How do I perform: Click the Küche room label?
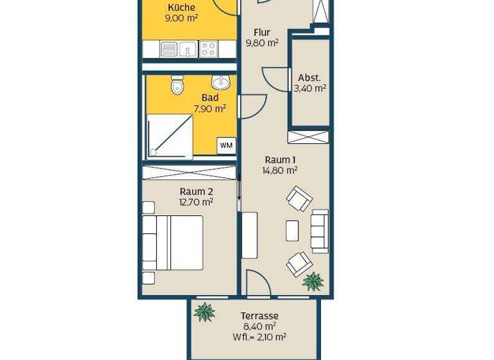(181, 8)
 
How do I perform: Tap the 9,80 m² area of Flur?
(262, 43)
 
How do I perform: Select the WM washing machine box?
(226, 145)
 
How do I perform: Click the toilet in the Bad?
(178, 85)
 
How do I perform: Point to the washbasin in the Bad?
(221, 82)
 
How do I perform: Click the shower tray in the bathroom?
(170, 136)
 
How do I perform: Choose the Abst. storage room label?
(309, 78)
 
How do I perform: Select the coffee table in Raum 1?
(292, 230)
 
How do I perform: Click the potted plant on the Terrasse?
(205, 312)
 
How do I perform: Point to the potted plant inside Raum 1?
(313, 280)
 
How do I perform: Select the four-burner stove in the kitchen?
(208, 48)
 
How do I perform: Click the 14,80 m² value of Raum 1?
(280, 170)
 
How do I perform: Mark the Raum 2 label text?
(196, 191)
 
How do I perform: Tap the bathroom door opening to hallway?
(251, 105)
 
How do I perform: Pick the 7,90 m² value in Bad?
(210, 109)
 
